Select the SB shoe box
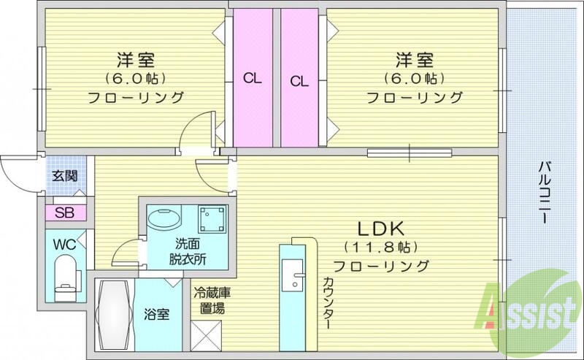[64, 212]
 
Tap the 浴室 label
[157, 315]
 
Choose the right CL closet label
[300, 81]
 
